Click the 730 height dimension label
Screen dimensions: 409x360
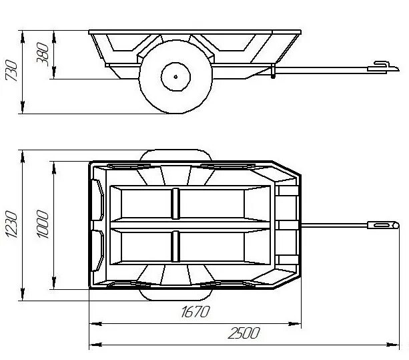click(x=11, y=71)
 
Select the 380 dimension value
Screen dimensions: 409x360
click(x=43, y=54)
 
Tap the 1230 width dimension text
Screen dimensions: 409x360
click(x=11, y=224)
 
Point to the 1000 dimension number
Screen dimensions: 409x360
click(x=43, y=224)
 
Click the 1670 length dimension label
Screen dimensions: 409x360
click(x=195, y=311)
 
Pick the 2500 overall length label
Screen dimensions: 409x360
click(x=244, y=333)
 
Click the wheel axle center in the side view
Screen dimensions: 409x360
click(x=175, y=77)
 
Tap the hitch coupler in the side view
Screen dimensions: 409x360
click(x=383, y=67)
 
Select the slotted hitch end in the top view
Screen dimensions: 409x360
click(x=383, y=225)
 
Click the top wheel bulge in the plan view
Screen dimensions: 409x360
click(x=175, y=155)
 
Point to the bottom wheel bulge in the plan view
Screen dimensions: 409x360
click(x=175, y=295)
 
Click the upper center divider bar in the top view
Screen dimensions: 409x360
click(x=175, y=204)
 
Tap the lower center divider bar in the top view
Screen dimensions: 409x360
click(x=175, y=246)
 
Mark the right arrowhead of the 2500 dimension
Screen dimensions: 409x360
click(x=393, y=345)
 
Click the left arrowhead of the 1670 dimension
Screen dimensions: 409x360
click(x=95, y=324)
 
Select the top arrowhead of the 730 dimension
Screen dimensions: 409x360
click(x=23, y=37)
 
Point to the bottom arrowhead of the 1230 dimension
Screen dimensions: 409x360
click(x=23, y=294)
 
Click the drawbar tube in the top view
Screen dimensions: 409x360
click(x=334, y=225)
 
